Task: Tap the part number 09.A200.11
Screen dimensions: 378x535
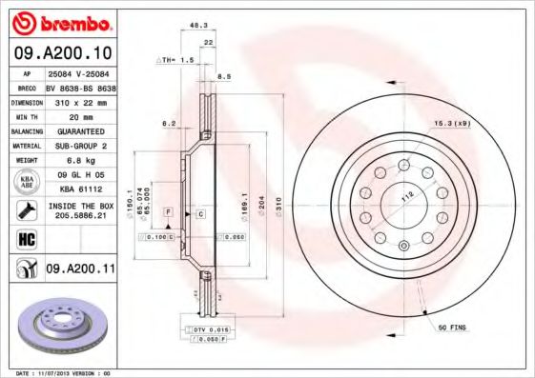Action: pyautogui.click(x=79, y=270)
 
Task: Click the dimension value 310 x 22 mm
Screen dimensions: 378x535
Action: pyautogui.click(x=78, y=100)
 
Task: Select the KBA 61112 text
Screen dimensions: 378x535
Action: pyautogui.click(x=78, y=189)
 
